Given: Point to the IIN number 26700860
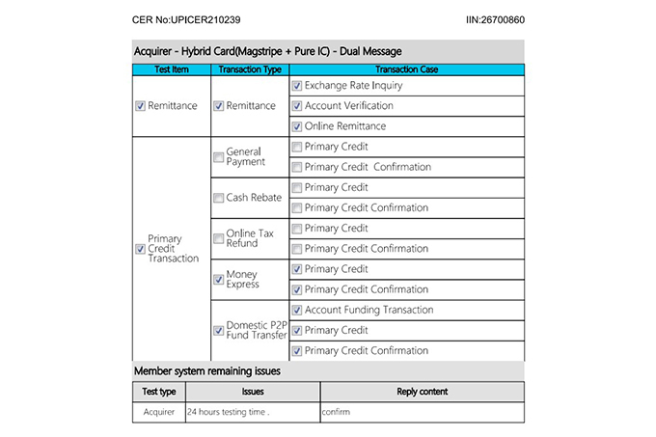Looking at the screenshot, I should [x=495, y=19].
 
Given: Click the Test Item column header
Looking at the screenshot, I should [x=172, y=69].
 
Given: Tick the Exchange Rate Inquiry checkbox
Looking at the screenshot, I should [x=297, y=86].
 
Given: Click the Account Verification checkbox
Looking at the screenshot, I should [x=297, y=106].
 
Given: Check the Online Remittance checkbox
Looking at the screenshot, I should [x=297, y=126].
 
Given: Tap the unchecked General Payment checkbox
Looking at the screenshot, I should [x=218, y=157].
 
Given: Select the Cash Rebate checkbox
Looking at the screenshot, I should [x=218, y=198].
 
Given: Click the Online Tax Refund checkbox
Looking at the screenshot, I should [x=218, y=238].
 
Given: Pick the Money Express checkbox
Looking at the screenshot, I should [x=218, y=280].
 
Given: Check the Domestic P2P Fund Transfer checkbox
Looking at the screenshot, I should [x=218, y=330].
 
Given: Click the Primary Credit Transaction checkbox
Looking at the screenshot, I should [x=141, y=249].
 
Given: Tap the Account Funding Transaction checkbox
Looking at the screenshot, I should [x=297, y=311].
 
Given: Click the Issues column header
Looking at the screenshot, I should [x=253, y=392].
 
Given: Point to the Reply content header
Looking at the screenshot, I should [x=422, y=392].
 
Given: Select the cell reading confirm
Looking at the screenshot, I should [x=337, y=412].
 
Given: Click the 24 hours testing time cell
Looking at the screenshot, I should [x=228, y=412].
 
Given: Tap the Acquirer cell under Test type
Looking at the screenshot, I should [x=158, y=412].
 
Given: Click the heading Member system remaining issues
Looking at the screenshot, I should [x=207, y=370].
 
